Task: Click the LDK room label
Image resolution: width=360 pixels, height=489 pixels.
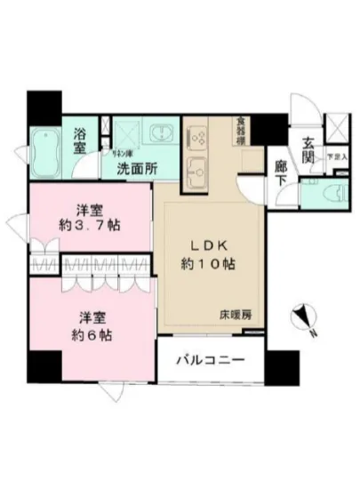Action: coord(212,244)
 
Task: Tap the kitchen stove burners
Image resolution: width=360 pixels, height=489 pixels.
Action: coord(197,138)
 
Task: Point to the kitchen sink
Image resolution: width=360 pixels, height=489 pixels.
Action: coord(196,168)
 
